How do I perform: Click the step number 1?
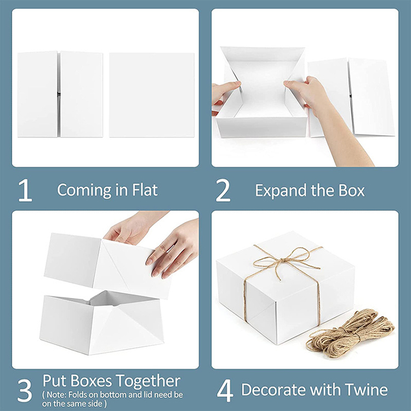25,190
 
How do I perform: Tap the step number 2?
223,190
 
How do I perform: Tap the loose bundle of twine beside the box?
351,331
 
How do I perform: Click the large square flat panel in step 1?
152,95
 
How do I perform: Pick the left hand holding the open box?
225,92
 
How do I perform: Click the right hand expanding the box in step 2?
307,93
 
